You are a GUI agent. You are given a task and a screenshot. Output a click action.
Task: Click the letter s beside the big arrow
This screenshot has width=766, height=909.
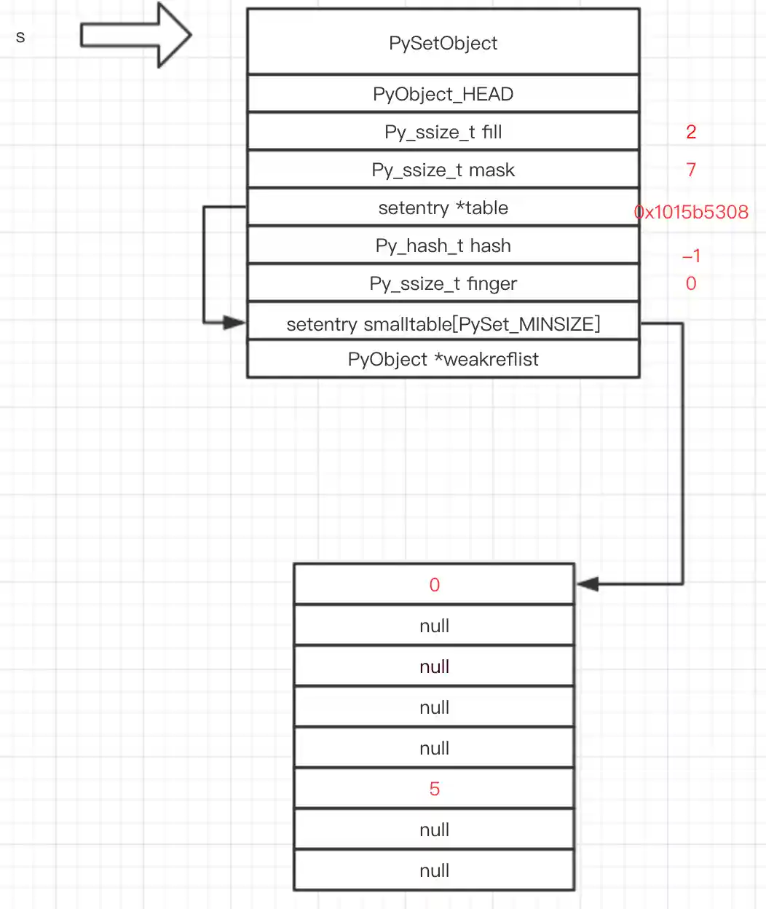pyautogui.click(x=20, y=37)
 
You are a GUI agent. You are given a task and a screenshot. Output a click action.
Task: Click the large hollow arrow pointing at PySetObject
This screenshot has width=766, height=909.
pyautogui.click(x=135, y=35)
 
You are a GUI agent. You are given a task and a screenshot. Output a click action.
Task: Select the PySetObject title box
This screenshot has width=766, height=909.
pyautogui.click(x=443, y=43)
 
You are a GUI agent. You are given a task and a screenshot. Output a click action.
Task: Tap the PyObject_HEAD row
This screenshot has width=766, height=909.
pyautogui.click(x=443, y=94)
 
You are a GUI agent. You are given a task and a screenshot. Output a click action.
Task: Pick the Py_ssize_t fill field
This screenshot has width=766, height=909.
pyautogui.click(x=443, y=132)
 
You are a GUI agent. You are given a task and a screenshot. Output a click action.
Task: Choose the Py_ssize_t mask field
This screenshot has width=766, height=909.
pyautogui.click(x=443, y=170)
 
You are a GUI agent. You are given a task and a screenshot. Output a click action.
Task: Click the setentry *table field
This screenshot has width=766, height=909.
pyautogui.click(x=443, y=208)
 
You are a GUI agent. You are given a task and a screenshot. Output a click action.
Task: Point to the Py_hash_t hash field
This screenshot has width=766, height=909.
pyautogui.click(x=443, y=245)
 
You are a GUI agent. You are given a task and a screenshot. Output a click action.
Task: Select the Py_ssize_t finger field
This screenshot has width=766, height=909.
pyautogui.click(x=443, y=283)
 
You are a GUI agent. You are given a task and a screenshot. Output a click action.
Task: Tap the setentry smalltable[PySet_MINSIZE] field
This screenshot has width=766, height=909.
pyautogui.click(x=443, y=323)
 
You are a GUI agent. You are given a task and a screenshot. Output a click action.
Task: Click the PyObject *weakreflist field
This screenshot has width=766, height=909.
pyautogui.click(x=443, y=359)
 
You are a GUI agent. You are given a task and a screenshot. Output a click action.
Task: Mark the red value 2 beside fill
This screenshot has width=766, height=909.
pyautogui.click(x=691, y=132)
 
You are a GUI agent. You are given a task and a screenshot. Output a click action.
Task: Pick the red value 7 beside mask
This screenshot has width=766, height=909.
pyautogui.click(x=691, y=170)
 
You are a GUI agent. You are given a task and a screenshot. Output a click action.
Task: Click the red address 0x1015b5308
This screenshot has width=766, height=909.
pyautogui.click(x=691, y=212)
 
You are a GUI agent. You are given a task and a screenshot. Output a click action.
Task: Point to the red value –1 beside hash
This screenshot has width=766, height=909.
pyautogui.click(x=691, y=256)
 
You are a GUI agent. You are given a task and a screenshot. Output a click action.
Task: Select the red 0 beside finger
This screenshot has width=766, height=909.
pyautogui.click(x=691, y=283)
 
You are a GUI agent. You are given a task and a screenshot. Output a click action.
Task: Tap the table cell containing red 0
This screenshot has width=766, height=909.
pyautogui.click(x=434, y=585)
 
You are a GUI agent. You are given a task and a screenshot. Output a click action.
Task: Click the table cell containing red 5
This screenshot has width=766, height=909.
pyautogui.click(x=434, y=789)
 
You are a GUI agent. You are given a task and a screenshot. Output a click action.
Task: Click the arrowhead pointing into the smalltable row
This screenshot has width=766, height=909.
pyautogui.click(x=234, y=322)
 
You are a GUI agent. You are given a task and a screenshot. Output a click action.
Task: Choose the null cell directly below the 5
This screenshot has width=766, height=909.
pyautogui.click(x=434, y=830)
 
